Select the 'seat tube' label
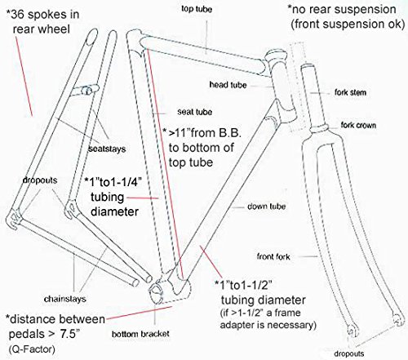point(189,112)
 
